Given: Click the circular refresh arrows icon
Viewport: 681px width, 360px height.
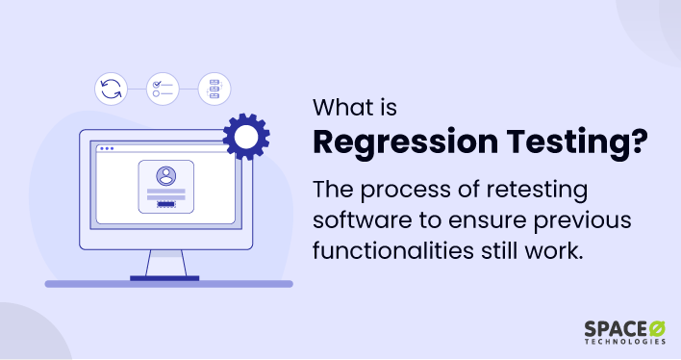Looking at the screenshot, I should pos(112,90).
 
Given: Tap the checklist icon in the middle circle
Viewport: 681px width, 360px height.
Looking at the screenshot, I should pos(163,90).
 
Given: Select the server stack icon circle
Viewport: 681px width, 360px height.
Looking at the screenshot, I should pos(214,90).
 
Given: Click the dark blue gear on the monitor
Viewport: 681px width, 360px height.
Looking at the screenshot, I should pos(245,137).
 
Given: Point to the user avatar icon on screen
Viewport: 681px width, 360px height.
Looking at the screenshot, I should pos(167,177).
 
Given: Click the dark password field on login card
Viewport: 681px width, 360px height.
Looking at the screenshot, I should pos(167,205).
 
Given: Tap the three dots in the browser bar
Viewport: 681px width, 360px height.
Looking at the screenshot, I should pos(106,149).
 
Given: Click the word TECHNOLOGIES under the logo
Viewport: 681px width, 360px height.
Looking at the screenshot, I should pos(623,343).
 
